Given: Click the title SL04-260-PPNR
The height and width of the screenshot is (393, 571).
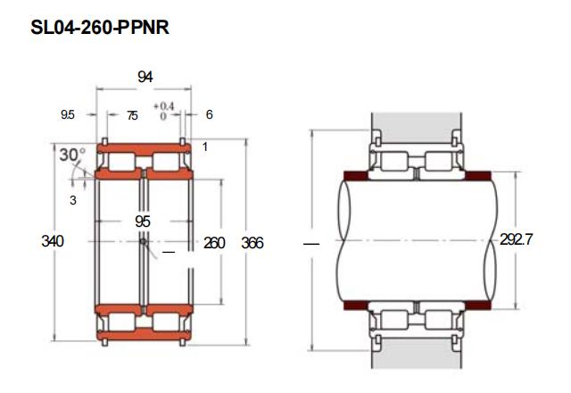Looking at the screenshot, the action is (100, 28).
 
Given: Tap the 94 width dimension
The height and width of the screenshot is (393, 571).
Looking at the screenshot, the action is (145, 77).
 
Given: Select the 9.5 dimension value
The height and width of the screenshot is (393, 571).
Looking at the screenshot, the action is (68, 115).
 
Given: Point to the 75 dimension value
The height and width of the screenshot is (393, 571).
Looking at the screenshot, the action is (132, 115).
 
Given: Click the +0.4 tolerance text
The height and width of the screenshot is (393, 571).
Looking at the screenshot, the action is (164, 106).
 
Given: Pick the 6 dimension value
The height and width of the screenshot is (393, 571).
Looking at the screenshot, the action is (209, 114).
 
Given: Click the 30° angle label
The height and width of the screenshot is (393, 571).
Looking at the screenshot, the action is (72, 155).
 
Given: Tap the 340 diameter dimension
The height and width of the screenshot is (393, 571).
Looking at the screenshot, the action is (53, 241).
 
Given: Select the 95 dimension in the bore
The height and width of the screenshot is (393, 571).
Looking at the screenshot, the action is (143, 222).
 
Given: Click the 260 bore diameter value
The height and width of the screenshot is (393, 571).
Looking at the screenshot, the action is (214, 243).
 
